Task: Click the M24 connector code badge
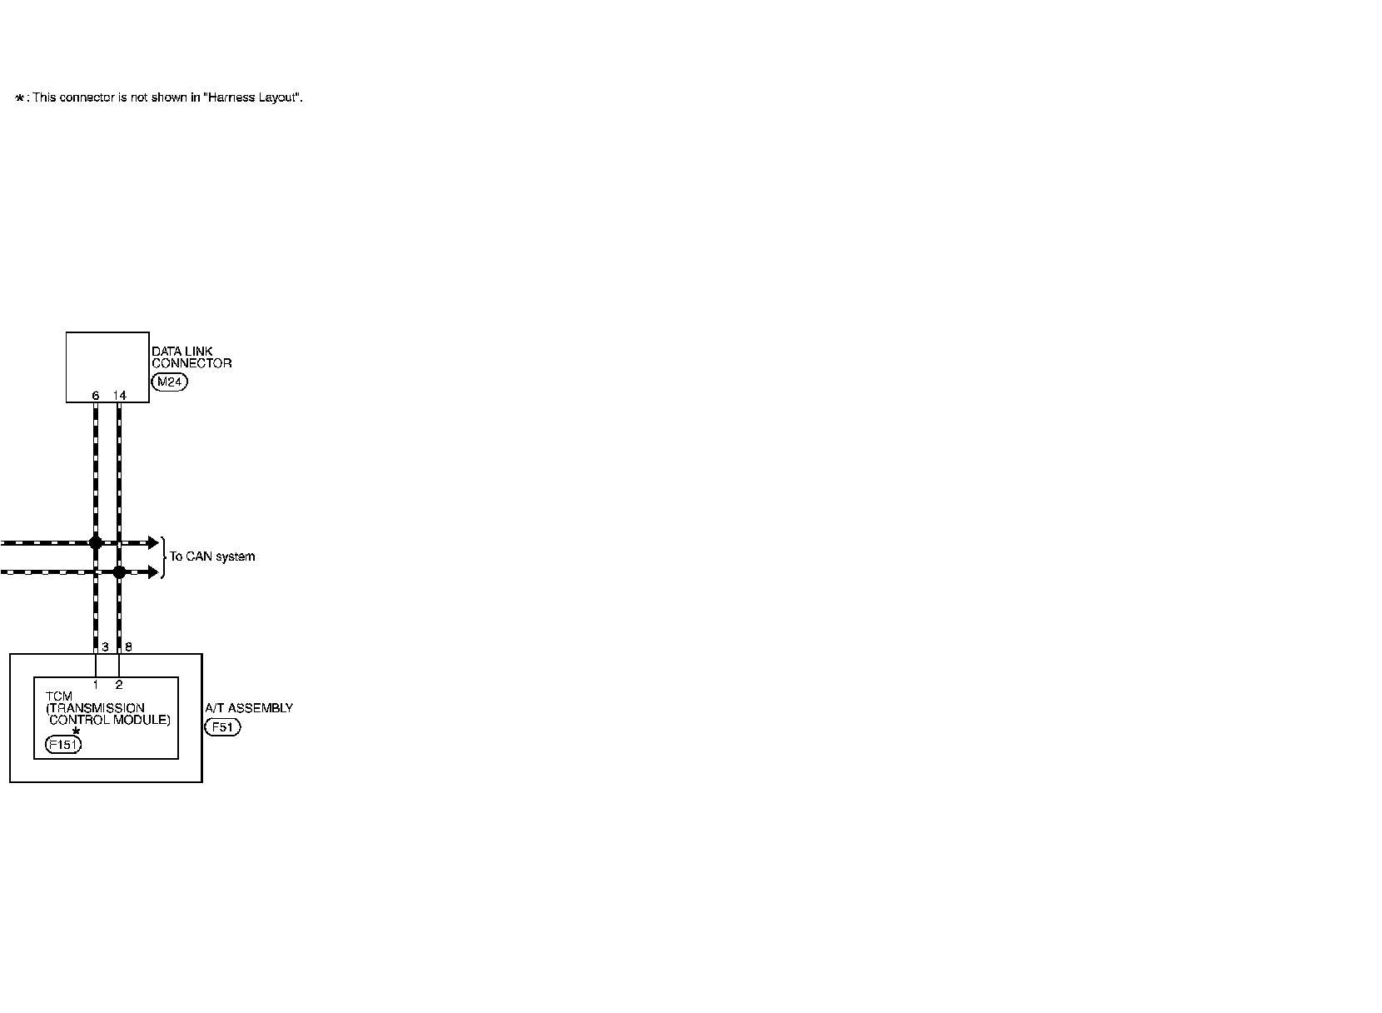[x=169, y=382]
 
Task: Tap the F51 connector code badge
[x=222, y=727]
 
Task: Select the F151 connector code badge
[x=63, y=745]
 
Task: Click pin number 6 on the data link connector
[x=96, y=396]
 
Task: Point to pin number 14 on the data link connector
[x=120, y=396]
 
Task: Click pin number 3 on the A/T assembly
[x=105, y=646]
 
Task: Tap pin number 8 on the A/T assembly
[x=128, y=646]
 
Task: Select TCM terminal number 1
[x=96, y=685]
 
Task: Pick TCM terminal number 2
[x=119, y=685]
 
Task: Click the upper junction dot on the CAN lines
[x=96, y=542]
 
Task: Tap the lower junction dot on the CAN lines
[x=119, y=572]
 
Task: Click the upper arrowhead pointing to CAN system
[x=153, y=542]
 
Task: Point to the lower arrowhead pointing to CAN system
[x=153, y=572]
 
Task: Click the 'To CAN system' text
[x=212, y=556]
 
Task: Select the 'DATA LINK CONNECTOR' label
[x=191, y=357]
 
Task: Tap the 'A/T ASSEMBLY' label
[x=249, y=708]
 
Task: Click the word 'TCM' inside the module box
[x=59, y=696]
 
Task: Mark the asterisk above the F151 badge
[x=76, y=731]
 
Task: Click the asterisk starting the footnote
[x=20, y=98]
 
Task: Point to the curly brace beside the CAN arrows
[x=163, y=557]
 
